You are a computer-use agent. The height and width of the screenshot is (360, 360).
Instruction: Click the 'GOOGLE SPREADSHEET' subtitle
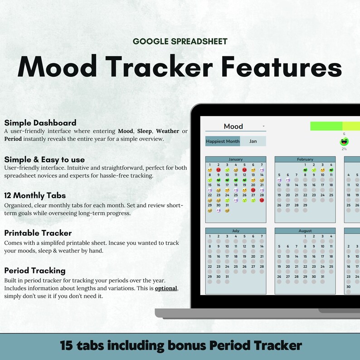(180, 42)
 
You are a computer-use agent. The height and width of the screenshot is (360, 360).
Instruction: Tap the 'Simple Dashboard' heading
(40, 123)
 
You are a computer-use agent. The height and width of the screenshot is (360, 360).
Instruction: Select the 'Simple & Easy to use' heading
(44, 160)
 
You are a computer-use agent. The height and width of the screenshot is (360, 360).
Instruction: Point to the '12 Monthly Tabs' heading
(35, 196)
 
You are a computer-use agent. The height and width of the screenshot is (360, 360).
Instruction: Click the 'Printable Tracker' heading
(38, 233)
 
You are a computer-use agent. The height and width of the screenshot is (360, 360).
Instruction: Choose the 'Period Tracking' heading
(34, 271)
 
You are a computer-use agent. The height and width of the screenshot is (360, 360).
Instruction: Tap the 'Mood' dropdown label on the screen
(233, 126)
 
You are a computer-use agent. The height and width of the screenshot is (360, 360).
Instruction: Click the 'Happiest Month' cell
(223, 141)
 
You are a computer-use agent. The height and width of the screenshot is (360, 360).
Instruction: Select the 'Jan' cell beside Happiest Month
(253, 141)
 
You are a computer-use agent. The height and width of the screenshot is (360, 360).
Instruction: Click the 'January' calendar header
(235, 160)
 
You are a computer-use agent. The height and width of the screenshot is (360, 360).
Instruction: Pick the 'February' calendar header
(305, 160)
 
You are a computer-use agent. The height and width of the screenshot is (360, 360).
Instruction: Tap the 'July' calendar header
(235, 231)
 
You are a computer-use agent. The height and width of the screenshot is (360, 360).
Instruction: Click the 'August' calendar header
(305, 231)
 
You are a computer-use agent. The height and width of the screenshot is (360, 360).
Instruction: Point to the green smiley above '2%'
(344, 141)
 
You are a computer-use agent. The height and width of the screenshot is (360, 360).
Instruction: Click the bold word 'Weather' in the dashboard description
(167, 131)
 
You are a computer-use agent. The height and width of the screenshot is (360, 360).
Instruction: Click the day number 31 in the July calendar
(227, 277)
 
